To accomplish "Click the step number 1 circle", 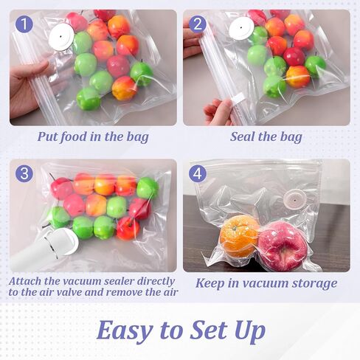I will [x=25, y=24].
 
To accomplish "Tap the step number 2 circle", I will [x=198, y=24].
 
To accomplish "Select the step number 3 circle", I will [x=25, y=174].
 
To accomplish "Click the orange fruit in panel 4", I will [x=240, y=235].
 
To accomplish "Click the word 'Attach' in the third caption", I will [x=28, y=280].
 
